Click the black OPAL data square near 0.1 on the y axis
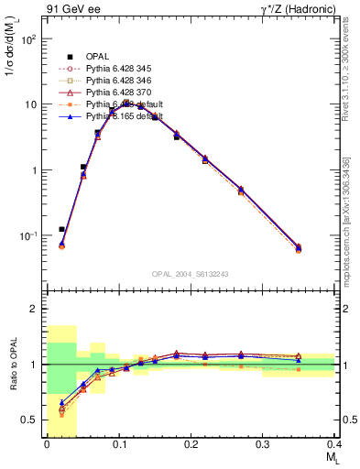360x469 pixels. (x=61, y=229)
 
